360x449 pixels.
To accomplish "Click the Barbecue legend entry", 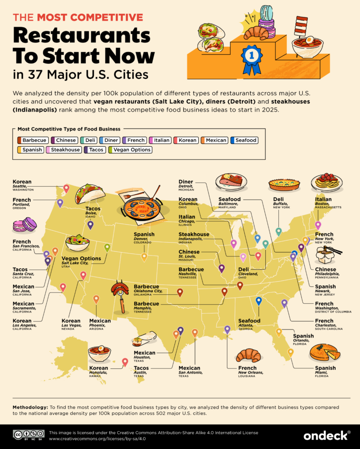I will point(31,140).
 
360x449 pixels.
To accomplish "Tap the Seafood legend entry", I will point(244,140).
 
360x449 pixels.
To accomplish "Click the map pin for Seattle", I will point(66,189).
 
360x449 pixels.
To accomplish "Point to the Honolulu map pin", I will point(125,362).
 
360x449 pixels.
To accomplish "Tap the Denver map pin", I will point(144,256).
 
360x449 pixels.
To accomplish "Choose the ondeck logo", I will point(327,435).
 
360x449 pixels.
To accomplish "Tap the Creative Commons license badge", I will point(28,436).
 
